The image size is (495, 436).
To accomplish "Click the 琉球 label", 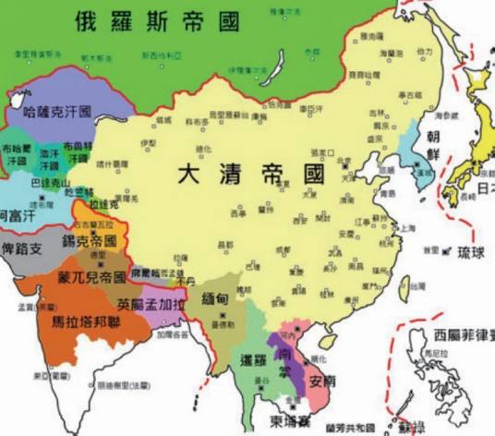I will click(x=467, y=251).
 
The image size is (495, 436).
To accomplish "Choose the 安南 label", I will click(x=320, y=379).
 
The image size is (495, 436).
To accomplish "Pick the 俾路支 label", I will click(x=22, y=248).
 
